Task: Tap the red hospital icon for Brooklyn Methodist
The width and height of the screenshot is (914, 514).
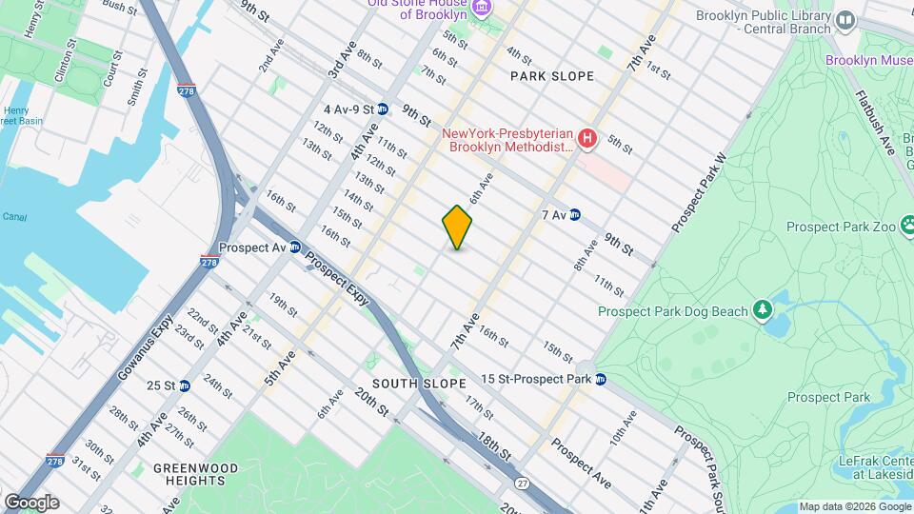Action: [x=587, y=140]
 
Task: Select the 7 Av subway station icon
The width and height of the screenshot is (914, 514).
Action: [x=575, y=215]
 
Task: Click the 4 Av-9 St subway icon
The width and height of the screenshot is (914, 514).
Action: [x=382, y=109]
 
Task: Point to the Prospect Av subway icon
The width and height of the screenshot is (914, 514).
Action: [x=295, y=247]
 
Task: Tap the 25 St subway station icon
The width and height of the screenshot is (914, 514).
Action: [x=185, y=385]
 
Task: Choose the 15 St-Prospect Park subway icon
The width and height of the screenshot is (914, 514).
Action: [x=601, y=379]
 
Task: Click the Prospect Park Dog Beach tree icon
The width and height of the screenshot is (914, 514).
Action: [x=762, y=310]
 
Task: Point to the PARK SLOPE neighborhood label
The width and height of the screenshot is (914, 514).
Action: [x=552, y=76]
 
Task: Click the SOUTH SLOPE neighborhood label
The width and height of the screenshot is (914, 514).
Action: [x=419, y=383]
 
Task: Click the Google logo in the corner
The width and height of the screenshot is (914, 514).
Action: [x=31, y=502]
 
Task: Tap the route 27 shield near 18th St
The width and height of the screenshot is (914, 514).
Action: [x=521, y=484]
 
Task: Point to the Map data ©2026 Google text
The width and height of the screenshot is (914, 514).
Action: [x=853, y=506]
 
